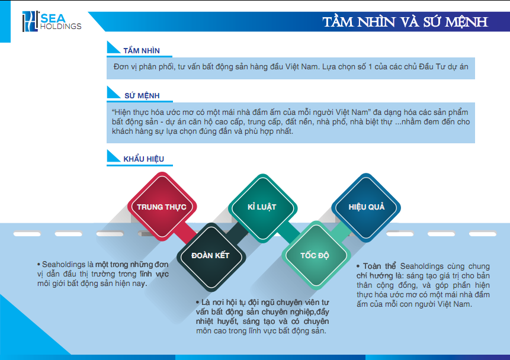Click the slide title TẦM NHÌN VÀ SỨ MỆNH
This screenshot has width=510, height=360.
click(x=405, y=22)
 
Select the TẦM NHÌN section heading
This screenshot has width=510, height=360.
click(x=141, y=51)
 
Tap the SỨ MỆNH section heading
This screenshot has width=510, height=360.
click(x=141, y=95)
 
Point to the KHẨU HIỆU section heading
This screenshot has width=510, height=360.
click(x=144, y=159)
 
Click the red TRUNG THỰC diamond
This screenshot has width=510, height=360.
click(x=161, y=207)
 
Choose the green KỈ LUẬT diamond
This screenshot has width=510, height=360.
click(x=262, y=207)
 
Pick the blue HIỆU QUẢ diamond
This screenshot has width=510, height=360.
click(x=366, y=207)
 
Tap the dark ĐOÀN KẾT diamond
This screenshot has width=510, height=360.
click(x=210, y=255)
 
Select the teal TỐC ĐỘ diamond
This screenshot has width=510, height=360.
click(x=315, y=255)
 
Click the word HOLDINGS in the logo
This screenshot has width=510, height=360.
click(x=60, y=26)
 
